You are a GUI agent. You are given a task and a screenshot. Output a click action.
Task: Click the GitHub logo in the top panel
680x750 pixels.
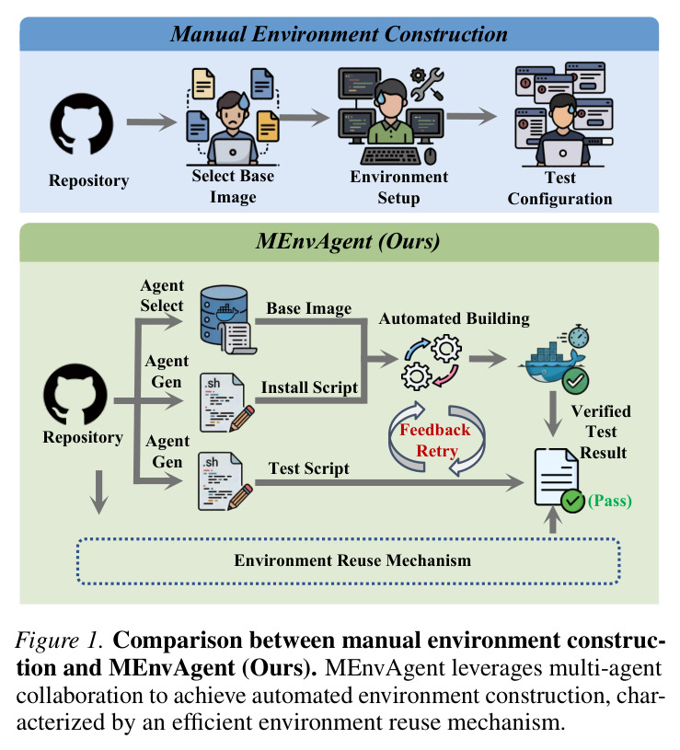click(x=82, y=124)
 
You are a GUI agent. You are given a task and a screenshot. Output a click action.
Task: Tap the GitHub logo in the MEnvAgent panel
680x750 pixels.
click(x=75, y=394)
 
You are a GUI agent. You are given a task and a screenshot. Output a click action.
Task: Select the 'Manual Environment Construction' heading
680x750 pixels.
click(x=339, y=34)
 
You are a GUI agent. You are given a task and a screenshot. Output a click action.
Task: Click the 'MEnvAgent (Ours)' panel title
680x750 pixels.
click(x=348, y=241)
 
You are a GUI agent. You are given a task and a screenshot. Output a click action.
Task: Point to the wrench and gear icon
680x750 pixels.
click(x=427, y=84)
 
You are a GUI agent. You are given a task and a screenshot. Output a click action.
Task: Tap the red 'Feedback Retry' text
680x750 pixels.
click(x=435, y=441)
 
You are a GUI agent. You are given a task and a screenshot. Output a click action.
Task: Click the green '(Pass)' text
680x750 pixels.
click(x=610, y=501)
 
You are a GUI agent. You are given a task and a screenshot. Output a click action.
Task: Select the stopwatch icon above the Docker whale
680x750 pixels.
click(x=576, y=336)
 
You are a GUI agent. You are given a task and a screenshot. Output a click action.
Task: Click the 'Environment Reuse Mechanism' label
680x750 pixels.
click(x=352, y=560)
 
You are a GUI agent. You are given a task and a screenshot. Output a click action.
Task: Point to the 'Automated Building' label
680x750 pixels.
click(x=455, y=318)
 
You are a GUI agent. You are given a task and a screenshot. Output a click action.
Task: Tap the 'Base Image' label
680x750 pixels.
click(x=309, y=308)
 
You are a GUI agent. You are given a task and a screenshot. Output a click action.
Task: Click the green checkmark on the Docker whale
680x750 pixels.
click(x=575, y=381)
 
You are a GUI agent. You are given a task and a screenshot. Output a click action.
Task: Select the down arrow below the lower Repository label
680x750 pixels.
click(x=99, y=491)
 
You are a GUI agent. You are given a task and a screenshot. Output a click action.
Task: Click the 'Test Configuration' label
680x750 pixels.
click(x=560, y=188)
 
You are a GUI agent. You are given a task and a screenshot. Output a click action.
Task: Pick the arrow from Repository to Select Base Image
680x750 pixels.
click(x=151, y=122)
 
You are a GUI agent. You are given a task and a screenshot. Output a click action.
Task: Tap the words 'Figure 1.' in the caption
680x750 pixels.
click(x=59, y=640)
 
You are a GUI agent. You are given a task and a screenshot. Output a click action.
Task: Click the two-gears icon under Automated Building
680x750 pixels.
click(x=431, y=362)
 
